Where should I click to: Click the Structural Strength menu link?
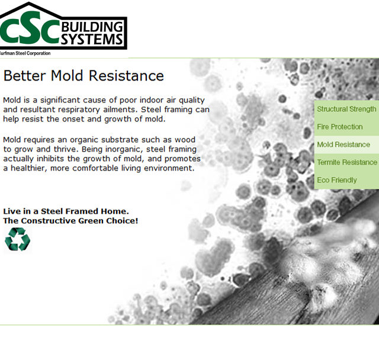[346, 109]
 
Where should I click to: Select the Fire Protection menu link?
[339, 127]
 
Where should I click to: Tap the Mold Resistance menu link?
[343, 144]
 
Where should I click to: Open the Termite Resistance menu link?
[347, 162]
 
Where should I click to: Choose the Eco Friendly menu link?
[337, 180]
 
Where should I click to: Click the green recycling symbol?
[17, 239]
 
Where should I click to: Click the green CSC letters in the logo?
[30, 28]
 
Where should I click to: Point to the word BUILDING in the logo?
[92, 27]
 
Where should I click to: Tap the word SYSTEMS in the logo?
[92, 39]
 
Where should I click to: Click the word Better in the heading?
[24, 76]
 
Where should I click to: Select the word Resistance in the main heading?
[126, 76]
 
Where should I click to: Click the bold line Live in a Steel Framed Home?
[66, 211]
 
